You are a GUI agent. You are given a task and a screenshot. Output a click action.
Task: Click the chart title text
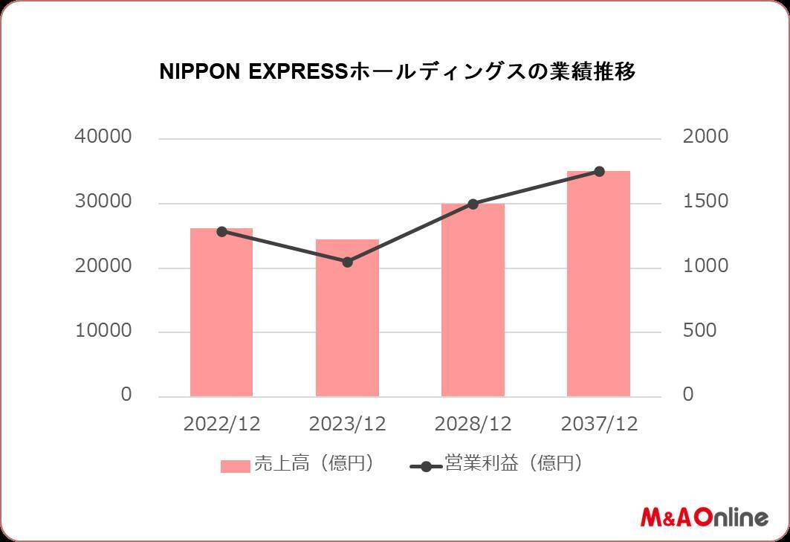point(398,73)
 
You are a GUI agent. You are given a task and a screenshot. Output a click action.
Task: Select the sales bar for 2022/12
point(221,312)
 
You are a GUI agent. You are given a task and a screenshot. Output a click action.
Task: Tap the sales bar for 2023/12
point(347,317)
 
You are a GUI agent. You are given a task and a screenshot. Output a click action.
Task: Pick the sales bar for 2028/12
point(473,300)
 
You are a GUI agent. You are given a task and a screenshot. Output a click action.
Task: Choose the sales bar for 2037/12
point(598,283)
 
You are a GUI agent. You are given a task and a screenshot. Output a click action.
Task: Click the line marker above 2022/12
point(221,231)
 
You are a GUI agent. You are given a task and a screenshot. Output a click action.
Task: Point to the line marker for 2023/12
point(347,262)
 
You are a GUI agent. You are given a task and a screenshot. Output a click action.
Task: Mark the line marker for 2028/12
point(473,204)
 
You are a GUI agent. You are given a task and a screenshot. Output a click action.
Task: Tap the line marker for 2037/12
point(599,172)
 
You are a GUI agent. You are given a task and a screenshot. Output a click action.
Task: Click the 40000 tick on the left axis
point(103,138)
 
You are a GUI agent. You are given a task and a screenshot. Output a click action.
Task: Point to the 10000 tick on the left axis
point(103,331)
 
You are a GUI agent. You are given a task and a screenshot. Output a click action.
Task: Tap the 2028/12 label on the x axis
point(473,424)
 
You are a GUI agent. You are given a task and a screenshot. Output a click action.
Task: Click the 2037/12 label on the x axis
point(598,424)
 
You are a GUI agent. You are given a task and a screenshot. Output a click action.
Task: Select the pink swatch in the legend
point(235,466)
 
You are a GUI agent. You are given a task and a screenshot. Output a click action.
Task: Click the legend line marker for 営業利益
point(426,466)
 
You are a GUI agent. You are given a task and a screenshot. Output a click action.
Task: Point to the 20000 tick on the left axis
point(103,266)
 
